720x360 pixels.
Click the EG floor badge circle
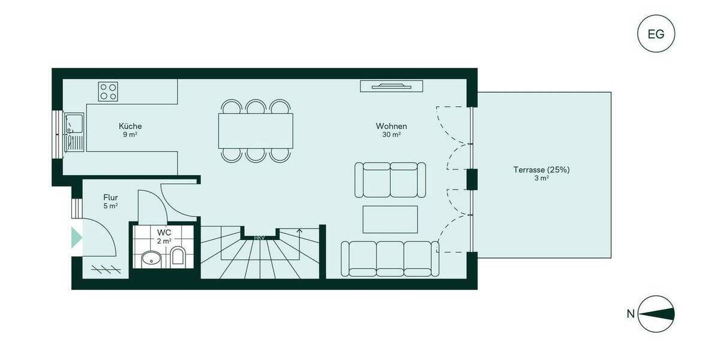pyautogui.click(x=656, y=34)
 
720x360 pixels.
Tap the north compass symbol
pyautogui.click(x=656, y=314)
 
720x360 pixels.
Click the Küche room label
pyautogui.click(x=130, y=127)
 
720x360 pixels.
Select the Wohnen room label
pyautogui.click(x=391, y=127)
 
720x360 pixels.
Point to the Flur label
pyautogui.click(x=110, y=197)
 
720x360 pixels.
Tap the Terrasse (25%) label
pyautogui.click(x=541, y=170)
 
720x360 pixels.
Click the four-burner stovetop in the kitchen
pyautogui.click(x=109, y=91)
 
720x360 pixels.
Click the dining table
pyautogui.click(x=256, y=131)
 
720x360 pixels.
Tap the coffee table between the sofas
pyautogui.click(x=390, y=219)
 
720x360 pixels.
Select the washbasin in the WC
pyautogui.click(x=150, y=259)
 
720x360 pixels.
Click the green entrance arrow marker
pyautogui.click(x=76, y=238)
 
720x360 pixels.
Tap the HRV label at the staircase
pyautogui.click(x=259, y=238)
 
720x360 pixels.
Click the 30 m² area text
pyautogui.click(x=391, y=135)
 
